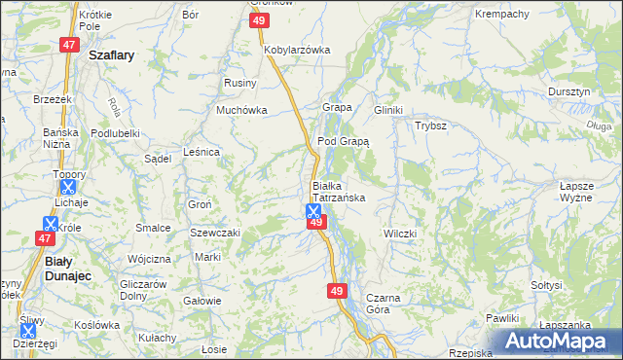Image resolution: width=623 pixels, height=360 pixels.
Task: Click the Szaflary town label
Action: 111,56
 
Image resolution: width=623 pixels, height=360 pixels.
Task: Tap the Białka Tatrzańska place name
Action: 338,191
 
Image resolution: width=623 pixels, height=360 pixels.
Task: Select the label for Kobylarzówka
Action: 297,50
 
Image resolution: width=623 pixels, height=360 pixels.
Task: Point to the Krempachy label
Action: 501,15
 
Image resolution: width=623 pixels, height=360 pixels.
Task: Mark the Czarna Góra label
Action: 377,303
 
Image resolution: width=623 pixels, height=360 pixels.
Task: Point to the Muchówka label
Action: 241,111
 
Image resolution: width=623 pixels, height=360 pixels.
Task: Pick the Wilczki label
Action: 400,234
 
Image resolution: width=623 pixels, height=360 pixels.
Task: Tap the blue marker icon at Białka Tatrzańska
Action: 313,210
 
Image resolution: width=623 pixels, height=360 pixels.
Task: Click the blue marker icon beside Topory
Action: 67,186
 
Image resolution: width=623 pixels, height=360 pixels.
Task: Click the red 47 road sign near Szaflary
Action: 68,45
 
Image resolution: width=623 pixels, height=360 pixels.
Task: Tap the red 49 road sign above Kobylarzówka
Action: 258,20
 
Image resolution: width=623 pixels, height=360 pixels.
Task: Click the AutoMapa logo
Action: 558,342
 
